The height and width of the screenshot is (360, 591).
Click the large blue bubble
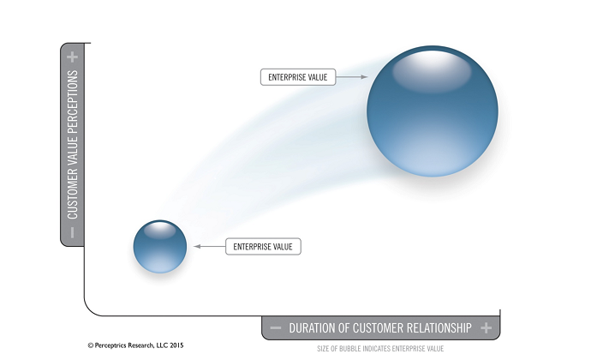433,111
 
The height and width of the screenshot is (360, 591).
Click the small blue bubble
160,246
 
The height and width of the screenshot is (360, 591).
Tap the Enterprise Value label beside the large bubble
298,77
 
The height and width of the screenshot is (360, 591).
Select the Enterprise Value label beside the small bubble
263,247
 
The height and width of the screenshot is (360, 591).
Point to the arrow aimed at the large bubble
352,77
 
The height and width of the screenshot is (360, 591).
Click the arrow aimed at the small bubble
210,246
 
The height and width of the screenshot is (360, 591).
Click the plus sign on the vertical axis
72,57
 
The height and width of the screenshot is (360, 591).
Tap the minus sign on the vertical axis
72,232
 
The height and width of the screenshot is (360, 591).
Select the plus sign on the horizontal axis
487,327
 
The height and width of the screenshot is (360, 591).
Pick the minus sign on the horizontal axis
276,327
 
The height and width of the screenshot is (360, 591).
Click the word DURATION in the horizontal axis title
312,327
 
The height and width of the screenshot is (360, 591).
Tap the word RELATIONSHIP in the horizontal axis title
435,327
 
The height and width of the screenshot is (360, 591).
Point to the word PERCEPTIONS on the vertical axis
72,99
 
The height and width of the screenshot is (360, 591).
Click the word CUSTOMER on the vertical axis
72,194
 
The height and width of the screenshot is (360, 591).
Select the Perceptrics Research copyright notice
135,345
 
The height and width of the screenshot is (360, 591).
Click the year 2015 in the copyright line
176,345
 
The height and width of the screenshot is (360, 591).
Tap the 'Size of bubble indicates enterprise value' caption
380,349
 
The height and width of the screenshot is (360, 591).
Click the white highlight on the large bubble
432,72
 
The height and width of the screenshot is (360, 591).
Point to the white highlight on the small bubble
160,231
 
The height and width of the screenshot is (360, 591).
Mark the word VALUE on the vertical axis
72,149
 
